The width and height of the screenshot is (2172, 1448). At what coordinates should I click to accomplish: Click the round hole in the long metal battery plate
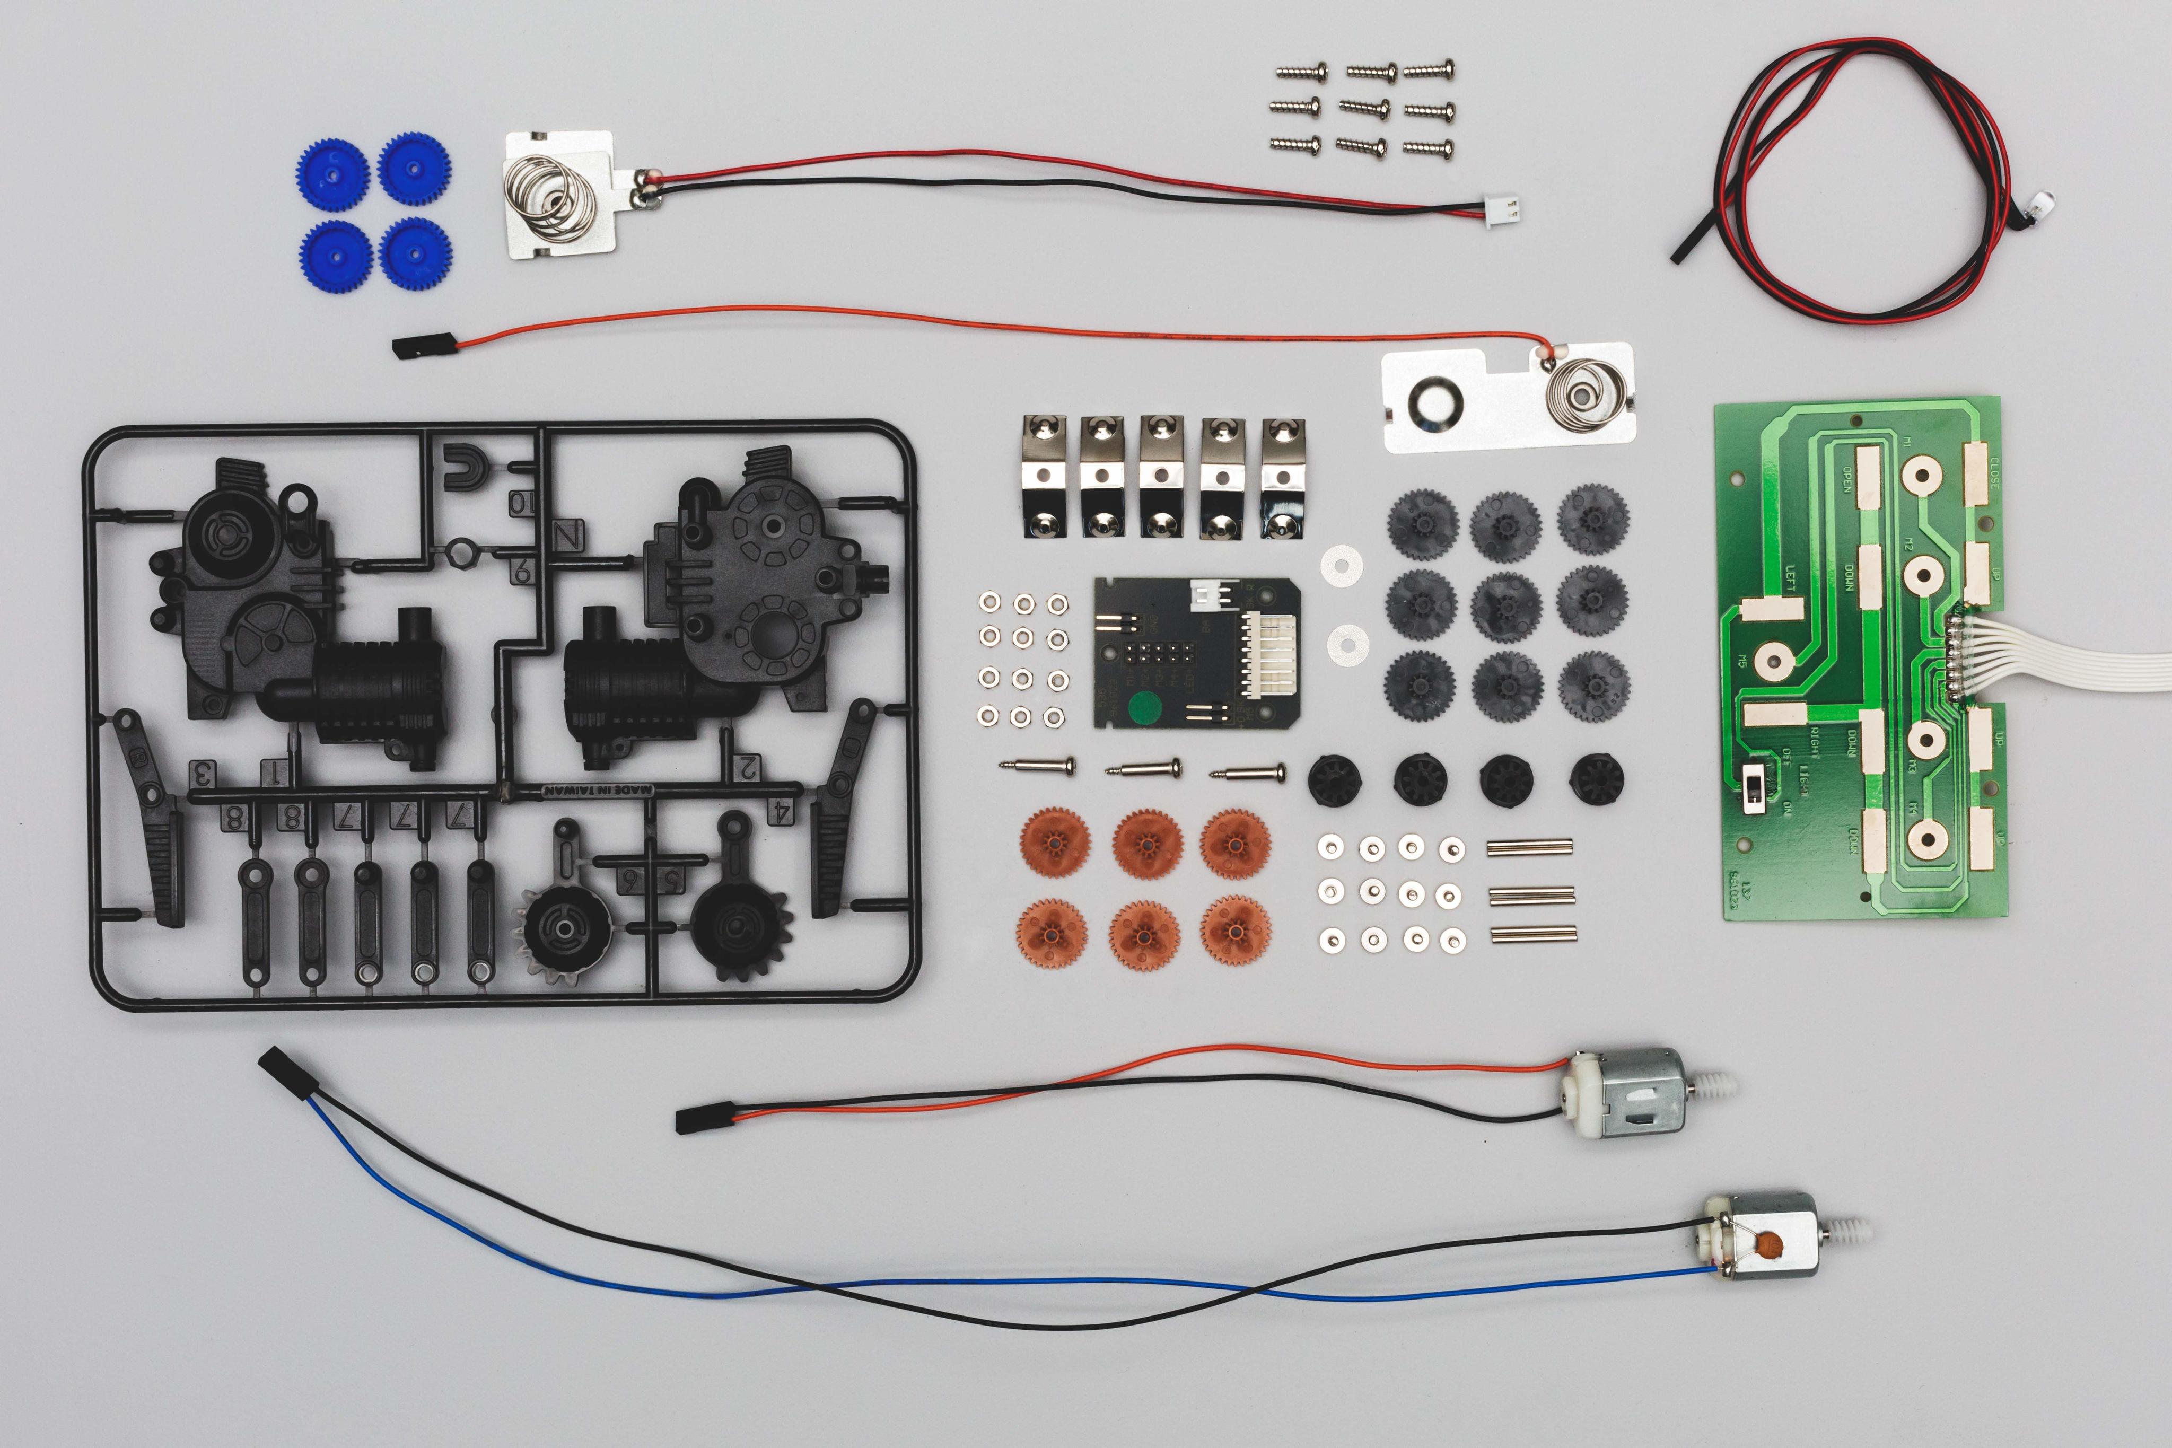tap(1436, 402)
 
